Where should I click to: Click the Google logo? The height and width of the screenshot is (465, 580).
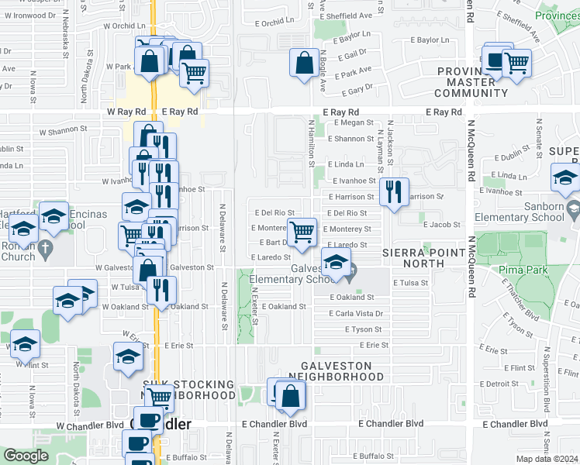tap(26, 456)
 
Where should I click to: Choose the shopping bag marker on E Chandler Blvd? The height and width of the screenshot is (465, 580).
tap(290, 397)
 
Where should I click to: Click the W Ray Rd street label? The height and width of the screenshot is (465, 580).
tap(126, 112)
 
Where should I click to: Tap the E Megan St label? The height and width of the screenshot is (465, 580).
tap(350, 122)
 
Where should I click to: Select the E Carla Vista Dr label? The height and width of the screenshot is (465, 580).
tap(356, 314)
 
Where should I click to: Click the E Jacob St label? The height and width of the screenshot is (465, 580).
tap(442, 225)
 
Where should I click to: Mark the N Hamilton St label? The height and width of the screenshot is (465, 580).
tap(312, 143)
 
